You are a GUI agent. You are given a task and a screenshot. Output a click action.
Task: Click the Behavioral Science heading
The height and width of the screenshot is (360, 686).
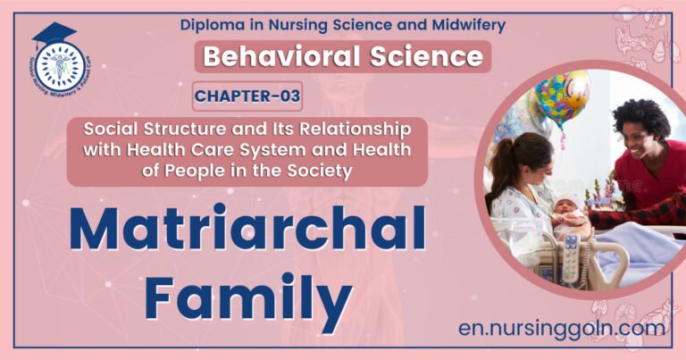[343, 56]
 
